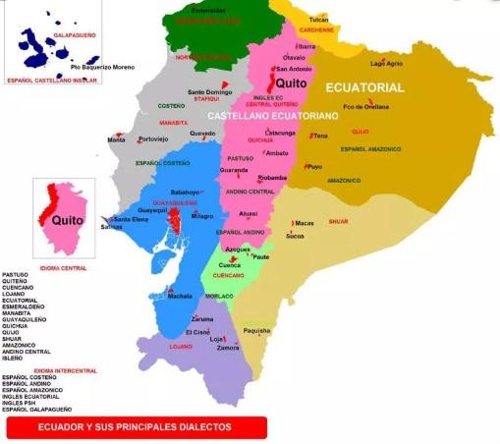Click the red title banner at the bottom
[136, 427]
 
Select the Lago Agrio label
[386, 63]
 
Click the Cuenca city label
[230, 264]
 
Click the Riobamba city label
[271, 177]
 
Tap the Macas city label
[306, 223]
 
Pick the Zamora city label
[228, 348]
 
